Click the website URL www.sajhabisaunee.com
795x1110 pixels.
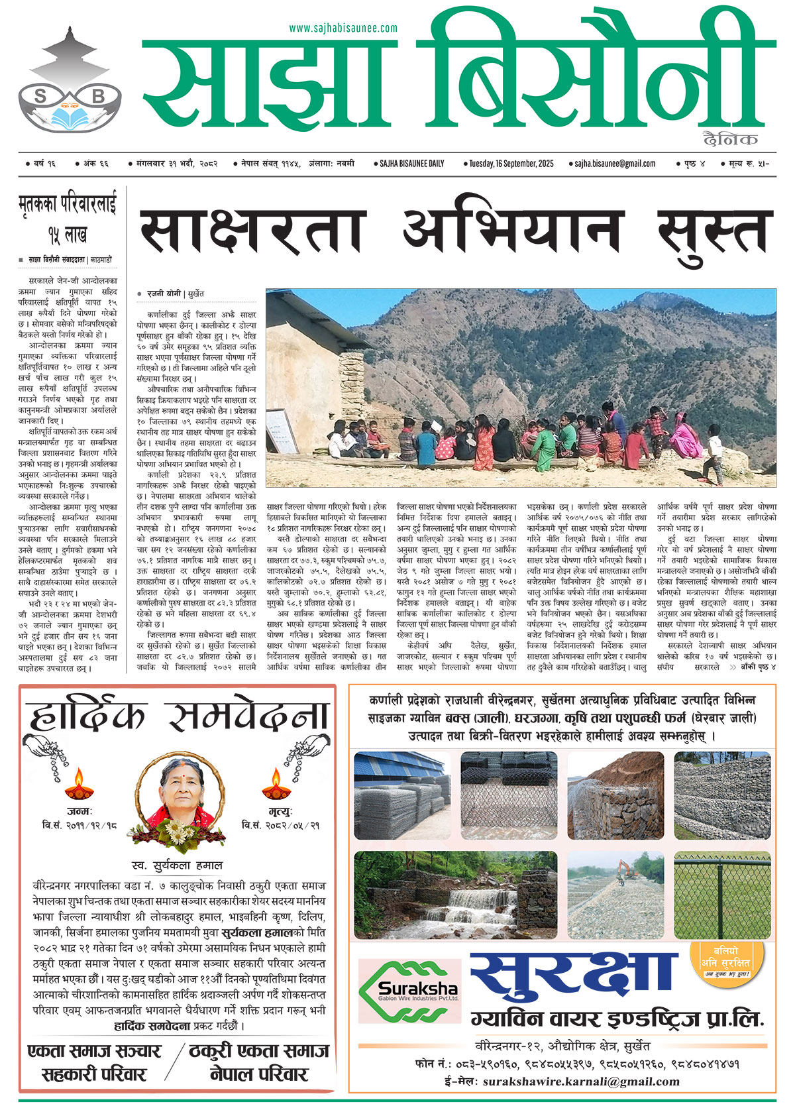[x=343, y=28]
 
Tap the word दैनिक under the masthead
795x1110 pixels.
[x=731, y=139]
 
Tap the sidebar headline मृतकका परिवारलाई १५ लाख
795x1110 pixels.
[x=68, y=219]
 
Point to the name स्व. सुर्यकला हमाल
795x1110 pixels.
[x=177, y=865]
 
